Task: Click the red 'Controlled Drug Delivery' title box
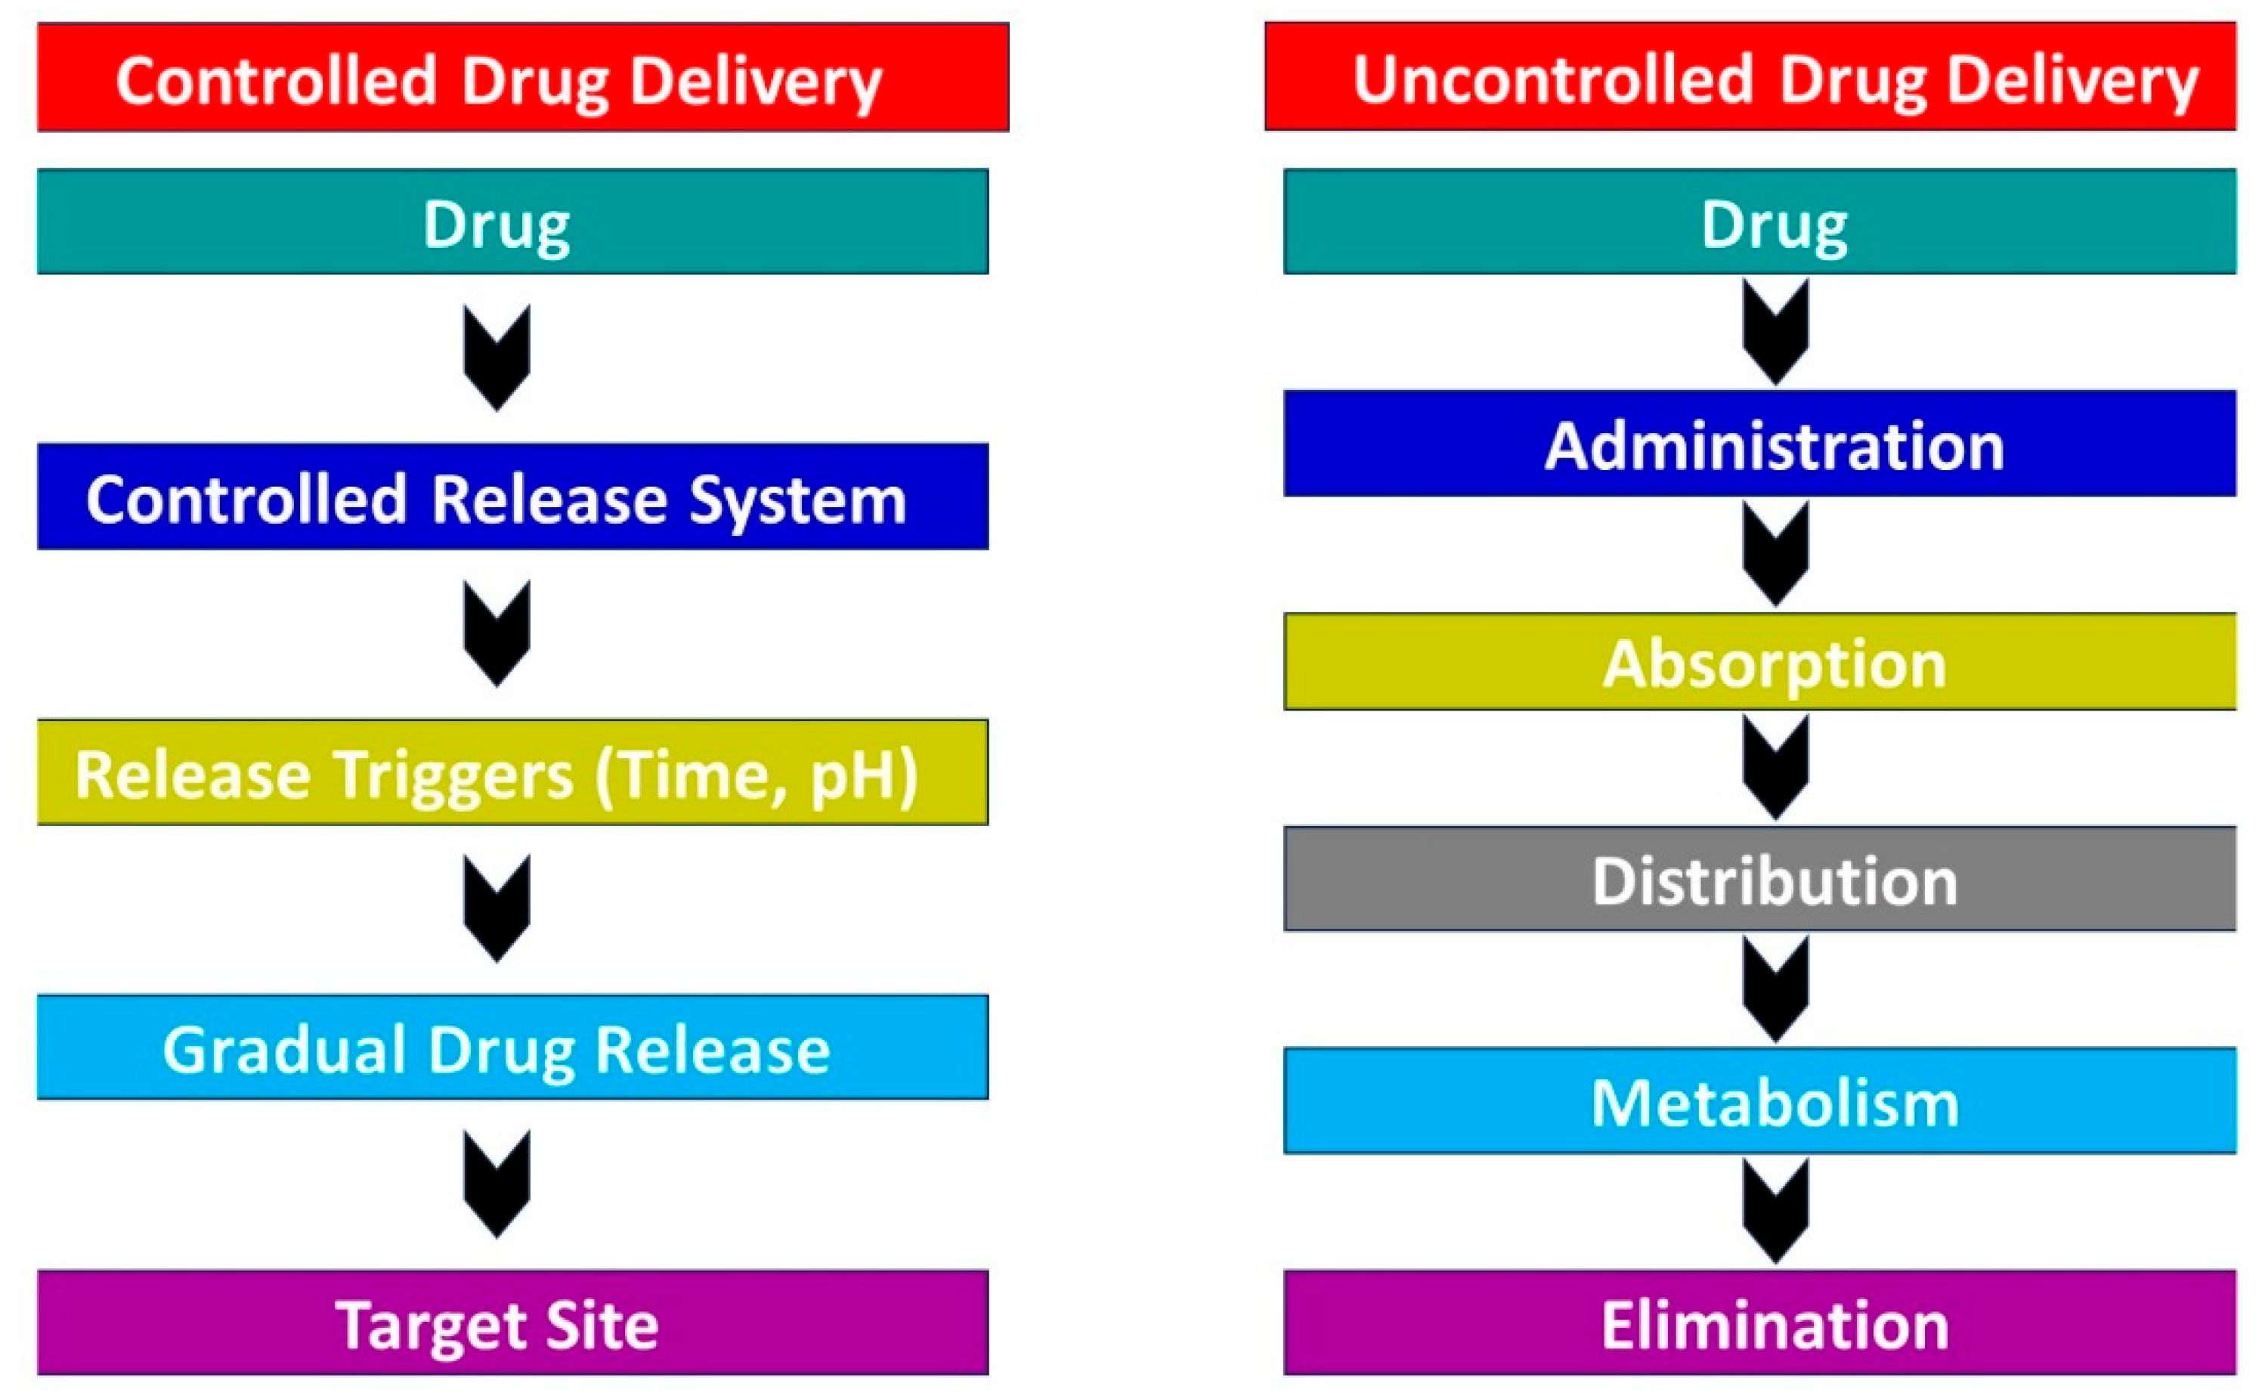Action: tap(523, 78)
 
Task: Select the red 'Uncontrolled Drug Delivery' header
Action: tap(1750, 77)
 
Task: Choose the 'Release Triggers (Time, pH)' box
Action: tap(512, 772)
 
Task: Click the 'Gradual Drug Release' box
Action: tap(512, 1048)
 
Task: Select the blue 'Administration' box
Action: tap(1759, 444)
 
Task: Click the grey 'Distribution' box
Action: tap(1759, 879)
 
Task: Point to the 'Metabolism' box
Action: tap(1759, 1101)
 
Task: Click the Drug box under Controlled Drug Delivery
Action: tap(512, 222)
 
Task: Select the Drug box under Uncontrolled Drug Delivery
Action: tap(1759, 222)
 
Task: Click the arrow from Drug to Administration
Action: tap(1775, 333)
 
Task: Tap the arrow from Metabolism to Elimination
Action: tap(1775, 1212)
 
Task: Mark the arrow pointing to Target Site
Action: tap(497, 1186)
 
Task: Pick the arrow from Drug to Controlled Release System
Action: tap(497, 359)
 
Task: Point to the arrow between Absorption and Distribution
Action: tap(1775, 768)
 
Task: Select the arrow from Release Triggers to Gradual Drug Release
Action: tap(497, 909)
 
